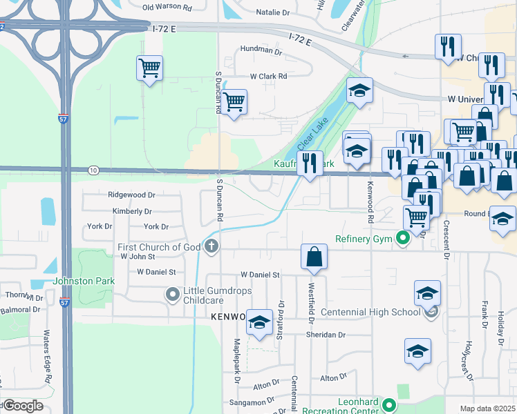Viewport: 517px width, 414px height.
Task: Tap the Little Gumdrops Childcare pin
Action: [x=173, y=295]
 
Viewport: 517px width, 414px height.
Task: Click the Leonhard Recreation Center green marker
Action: [x=389, y=406]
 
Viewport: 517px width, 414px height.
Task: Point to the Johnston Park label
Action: [x=82, y=281]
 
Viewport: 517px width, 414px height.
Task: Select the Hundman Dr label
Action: [x=261, y=50]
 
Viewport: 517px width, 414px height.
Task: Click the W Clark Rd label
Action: [x=268, y=76]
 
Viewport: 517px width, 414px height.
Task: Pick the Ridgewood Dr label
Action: [x=129, y=195]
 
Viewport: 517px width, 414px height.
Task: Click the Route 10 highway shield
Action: [x=93, y=170]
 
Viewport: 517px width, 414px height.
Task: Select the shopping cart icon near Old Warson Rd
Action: [x=149, y=68]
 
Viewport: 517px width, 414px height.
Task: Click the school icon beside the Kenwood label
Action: [x=259, y=322]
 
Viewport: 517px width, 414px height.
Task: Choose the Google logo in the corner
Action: [x=22, y=406]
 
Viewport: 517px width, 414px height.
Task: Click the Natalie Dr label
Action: [x=272, y=12]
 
